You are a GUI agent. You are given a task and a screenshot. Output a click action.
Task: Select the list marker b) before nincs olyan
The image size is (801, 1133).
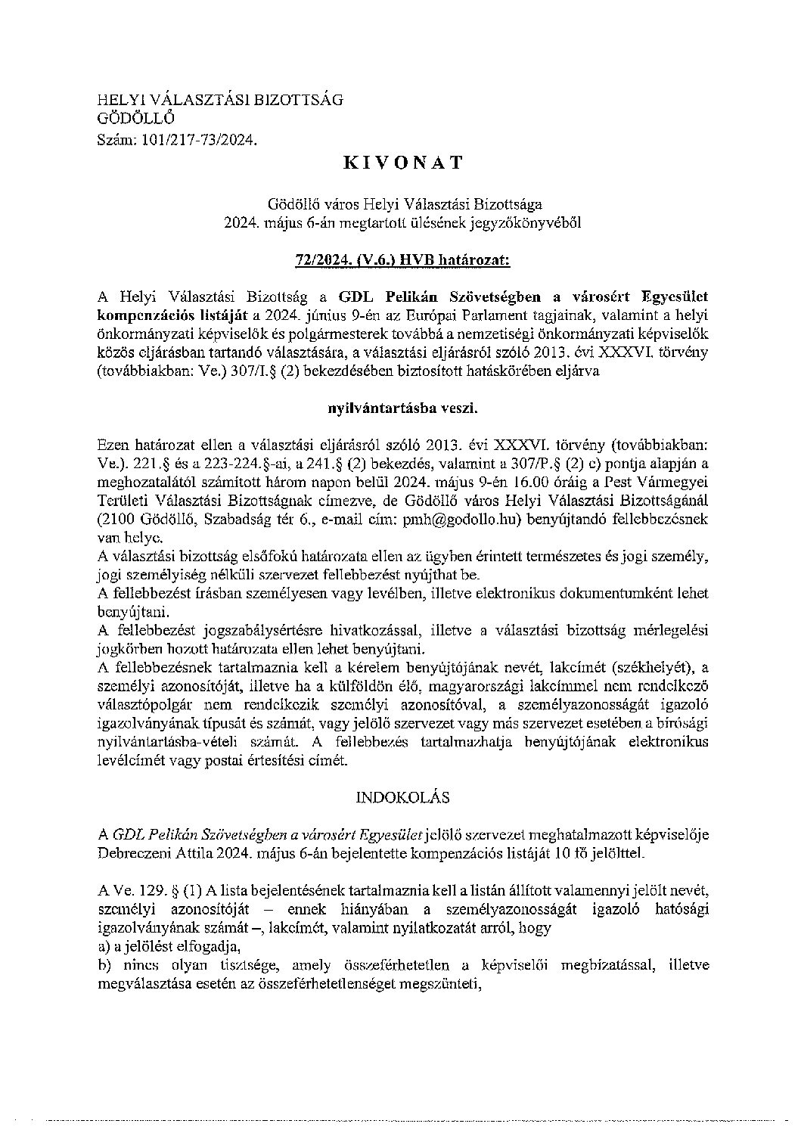point(104,965)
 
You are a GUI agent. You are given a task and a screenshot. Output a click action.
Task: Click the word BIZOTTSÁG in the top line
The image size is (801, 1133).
point(296,99)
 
